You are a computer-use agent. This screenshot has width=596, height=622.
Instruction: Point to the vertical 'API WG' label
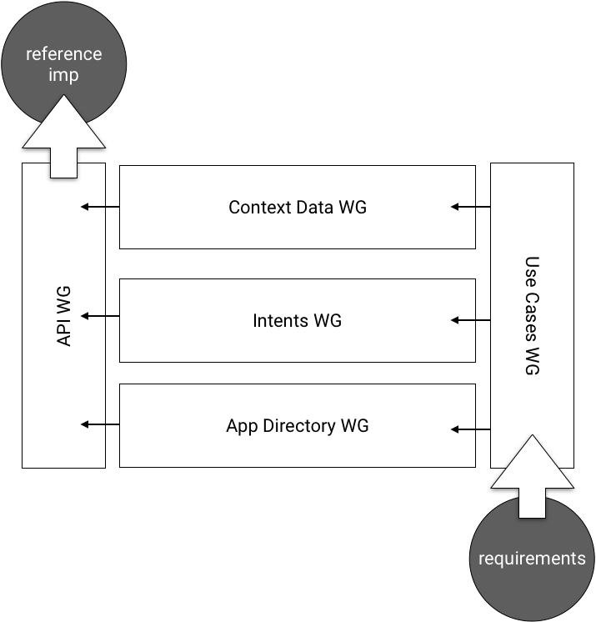coord(64,316)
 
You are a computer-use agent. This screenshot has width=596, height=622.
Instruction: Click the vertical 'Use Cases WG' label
coord(532,316)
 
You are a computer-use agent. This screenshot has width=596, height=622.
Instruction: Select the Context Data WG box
coord(298,208)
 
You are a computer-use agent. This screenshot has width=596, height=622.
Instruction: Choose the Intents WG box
coord(298,320)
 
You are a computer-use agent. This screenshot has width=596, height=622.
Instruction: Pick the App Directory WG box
coord(298,426)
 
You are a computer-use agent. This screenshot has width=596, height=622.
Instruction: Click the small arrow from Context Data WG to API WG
coord(93,207)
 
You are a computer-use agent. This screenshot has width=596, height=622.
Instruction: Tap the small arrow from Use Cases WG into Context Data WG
coord(463,207)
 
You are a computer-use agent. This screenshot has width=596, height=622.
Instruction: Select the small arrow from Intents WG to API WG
coord(93,316)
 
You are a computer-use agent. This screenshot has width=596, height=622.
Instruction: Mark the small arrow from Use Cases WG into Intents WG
coord(463,319)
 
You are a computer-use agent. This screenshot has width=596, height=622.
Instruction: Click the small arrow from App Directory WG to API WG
coord(93,424)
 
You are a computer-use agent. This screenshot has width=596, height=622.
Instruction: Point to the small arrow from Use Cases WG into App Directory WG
coord(463,429)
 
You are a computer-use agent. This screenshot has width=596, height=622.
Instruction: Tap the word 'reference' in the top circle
coord(64,54)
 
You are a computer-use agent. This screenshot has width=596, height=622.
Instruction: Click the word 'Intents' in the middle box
coord(279,320)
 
